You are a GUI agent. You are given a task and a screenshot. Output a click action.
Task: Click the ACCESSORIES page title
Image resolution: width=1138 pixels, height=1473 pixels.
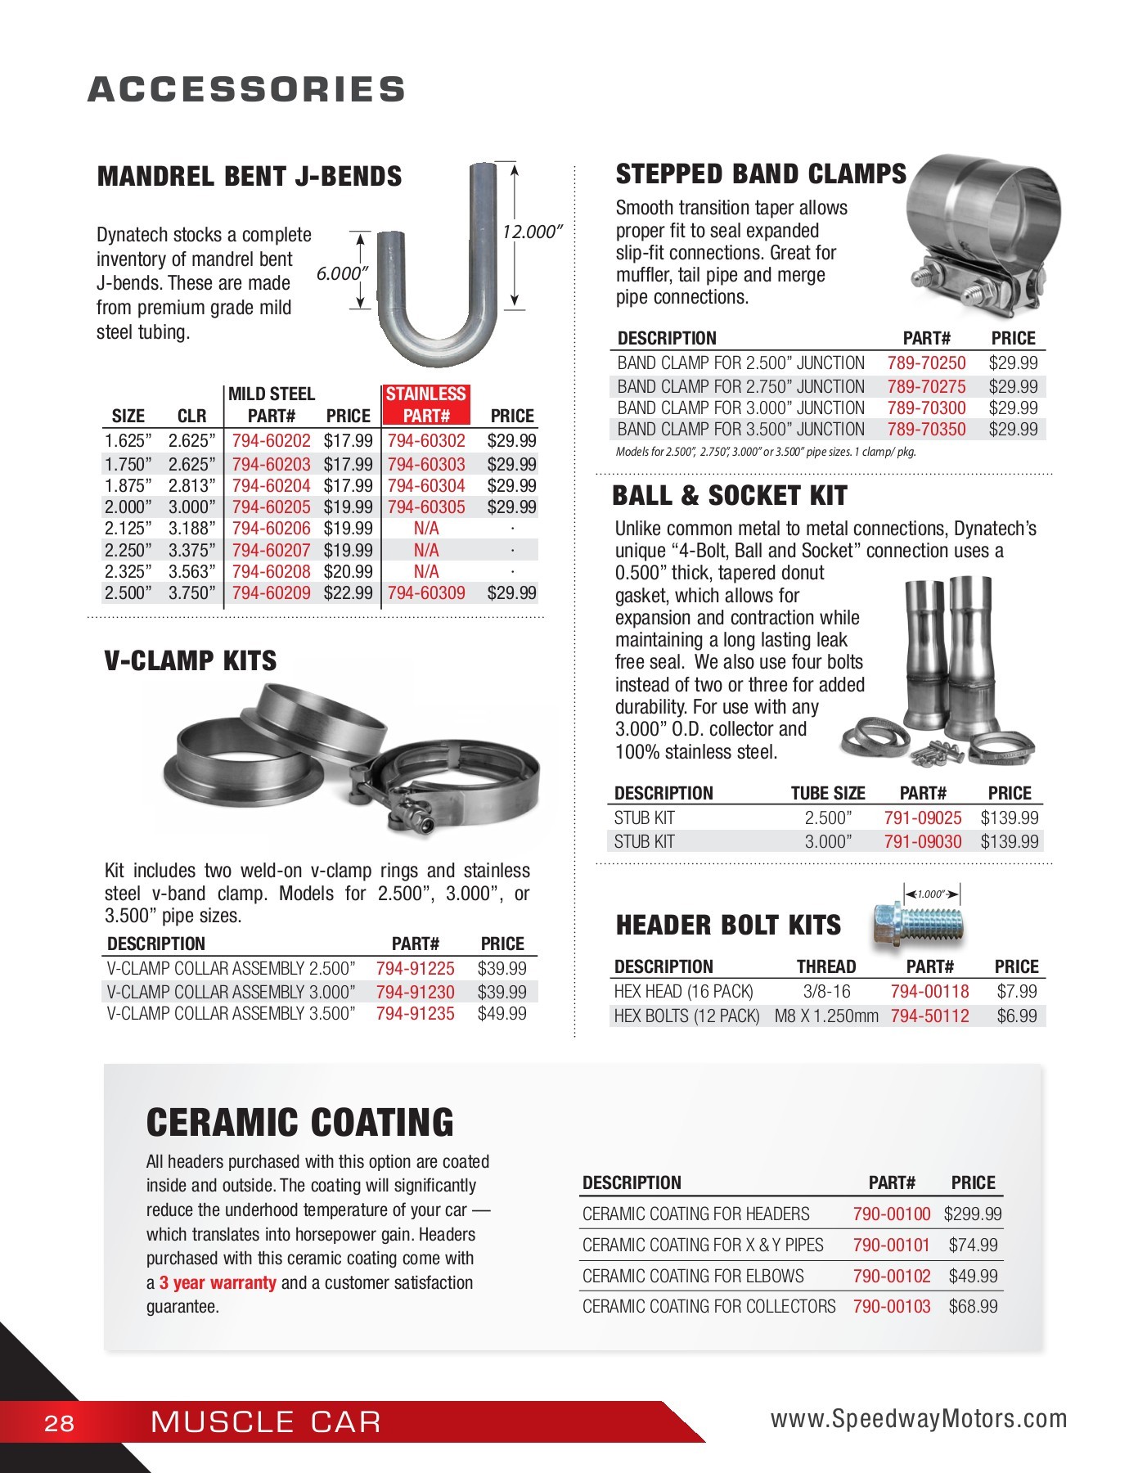[x=246, y=89]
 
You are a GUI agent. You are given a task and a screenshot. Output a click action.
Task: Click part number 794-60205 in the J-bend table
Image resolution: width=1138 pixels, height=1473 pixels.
[x=271, y=507]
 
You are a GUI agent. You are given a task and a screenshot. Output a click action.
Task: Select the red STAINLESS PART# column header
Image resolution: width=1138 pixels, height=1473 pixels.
[x=425, y=405]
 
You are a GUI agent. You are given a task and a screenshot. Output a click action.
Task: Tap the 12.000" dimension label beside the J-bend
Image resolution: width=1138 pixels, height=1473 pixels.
[x=531, y=232]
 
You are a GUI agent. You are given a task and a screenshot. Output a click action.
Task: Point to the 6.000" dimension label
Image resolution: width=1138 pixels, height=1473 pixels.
[x=342, y=273]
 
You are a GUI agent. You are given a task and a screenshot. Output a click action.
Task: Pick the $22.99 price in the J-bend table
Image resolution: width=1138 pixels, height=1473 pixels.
[x=348, y=593]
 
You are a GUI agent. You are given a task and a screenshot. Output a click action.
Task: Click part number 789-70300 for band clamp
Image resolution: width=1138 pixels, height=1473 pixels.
[x=926, y=408]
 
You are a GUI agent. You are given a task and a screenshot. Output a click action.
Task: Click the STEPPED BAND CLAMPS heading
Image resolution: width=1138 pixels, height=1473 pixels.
[x=761, y=174]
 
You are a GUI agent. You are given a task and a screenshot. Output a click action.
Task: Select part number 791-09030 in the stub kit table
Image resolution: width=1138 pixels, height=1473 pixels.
[x=923, y=841]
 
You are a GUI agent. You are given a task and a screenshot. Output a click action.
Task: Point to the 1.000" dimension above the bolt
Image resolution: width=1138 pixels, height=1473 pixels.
[x=931, y=894]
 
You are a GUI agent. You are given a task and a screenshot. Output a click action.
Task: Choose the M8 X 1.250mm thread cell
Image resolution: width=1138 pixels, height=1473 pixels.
[x=826, y=1016]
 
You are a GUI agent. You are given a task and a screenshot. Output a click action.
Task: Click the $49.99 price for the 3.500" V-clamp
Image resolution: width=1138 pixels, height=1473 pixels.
[x=502, y=1014]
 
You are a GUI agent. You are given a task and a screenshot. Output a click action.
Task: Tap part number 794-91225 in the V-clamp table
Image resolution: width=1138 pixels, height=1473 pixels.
[x=415, y=969]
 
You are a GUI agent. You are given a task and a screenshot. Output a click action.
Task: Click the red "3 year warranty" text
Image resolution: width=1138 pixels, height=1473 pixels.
[x=218, y=1283]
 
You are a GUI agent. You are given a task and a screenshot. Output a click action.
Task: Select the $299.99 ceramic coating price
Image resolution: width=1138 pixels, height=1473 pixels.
[x=973, y=1214]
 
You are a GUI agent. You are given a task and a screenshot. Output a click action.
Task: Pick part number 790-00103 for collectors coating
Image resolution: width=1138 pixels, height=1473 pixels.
[x=892, y=1307]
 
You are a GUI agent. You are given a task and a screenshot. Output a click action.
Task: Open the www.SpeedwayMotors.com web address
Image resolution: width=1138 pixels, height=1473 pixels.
[x=919, y=1419]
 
